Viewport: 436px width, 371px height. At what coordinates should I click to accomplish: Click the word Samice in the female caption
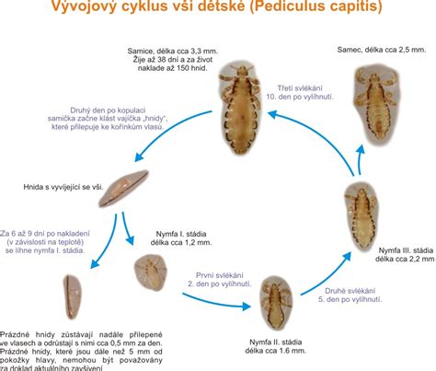[x=143, y=48]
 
